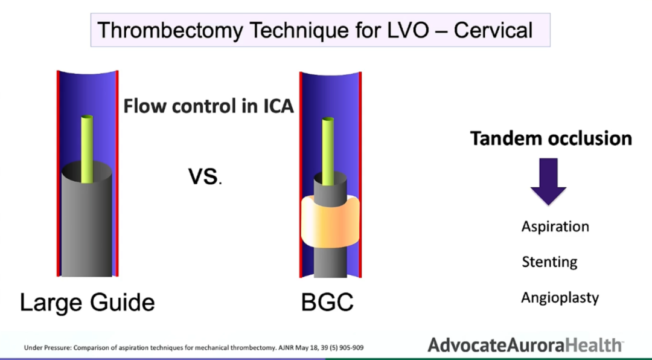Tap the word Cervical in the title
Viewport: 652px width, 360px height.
tap(493, 30)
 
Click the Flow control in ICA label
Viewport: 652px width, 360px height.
tap(209, 106)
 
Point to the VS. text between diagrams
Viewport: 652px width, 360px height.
tap(205, 176)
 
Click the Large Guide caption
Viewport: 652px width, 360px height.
tap(88, 302)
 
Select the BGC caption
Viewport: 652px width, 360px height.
tap(327, 302)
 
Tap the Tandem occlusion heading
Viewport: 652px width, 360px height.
tap(551, 138)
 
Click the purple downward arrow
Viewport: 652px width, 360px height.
tap(548, 182)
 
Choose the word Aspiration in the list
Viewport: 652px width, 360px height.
tap(555, 227)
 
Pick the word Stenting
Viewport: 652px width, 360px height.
tap(549, 262)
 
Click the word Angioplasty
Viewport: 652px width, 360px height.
tap(560, 298)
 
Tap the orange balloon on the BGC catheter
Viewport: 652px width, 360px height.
tap(330, 220)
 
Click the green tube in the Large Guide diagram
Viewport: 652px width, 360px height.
tap(87, 149)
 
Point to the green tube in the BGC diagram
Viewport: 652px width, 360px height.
tap(328, 151)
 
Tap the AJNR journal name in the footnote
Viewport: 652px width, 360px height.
tap(286, 347)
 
